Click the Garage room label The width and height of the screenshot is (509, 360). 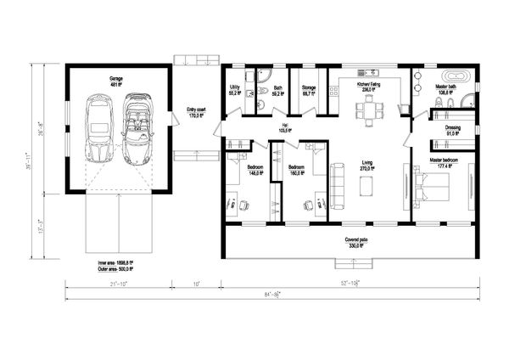coord(116,82)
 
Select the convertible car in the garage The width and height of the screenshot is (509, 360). coord(137,129)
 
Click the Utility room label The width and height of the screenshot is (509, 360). coord(234,90)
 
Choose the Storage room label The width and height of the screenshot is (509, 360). coord(308,90)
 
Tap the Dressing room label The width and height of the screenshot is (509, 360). coord(452,130)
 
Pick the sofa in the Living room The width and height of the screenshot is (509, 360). coord(337,185)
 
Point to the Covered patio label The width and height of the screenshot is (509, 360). coord(355,242)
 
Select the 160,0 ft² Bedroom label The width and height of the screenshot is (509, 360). coord(296,170)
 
